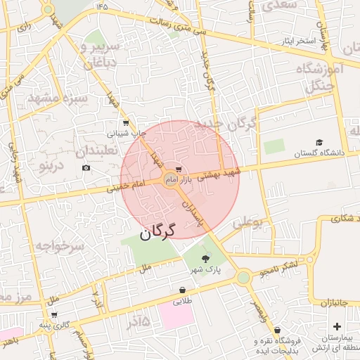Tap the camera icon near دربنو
86,168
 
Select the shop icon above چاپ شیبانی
126,122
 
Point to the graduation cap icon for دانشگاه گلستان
319,143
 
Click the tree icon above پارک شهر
205,259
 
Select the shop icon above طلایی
183,289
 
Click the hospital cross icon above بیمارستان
337,327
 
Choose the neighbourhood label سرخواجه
60,247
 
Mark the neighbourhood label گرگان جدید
234,124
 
